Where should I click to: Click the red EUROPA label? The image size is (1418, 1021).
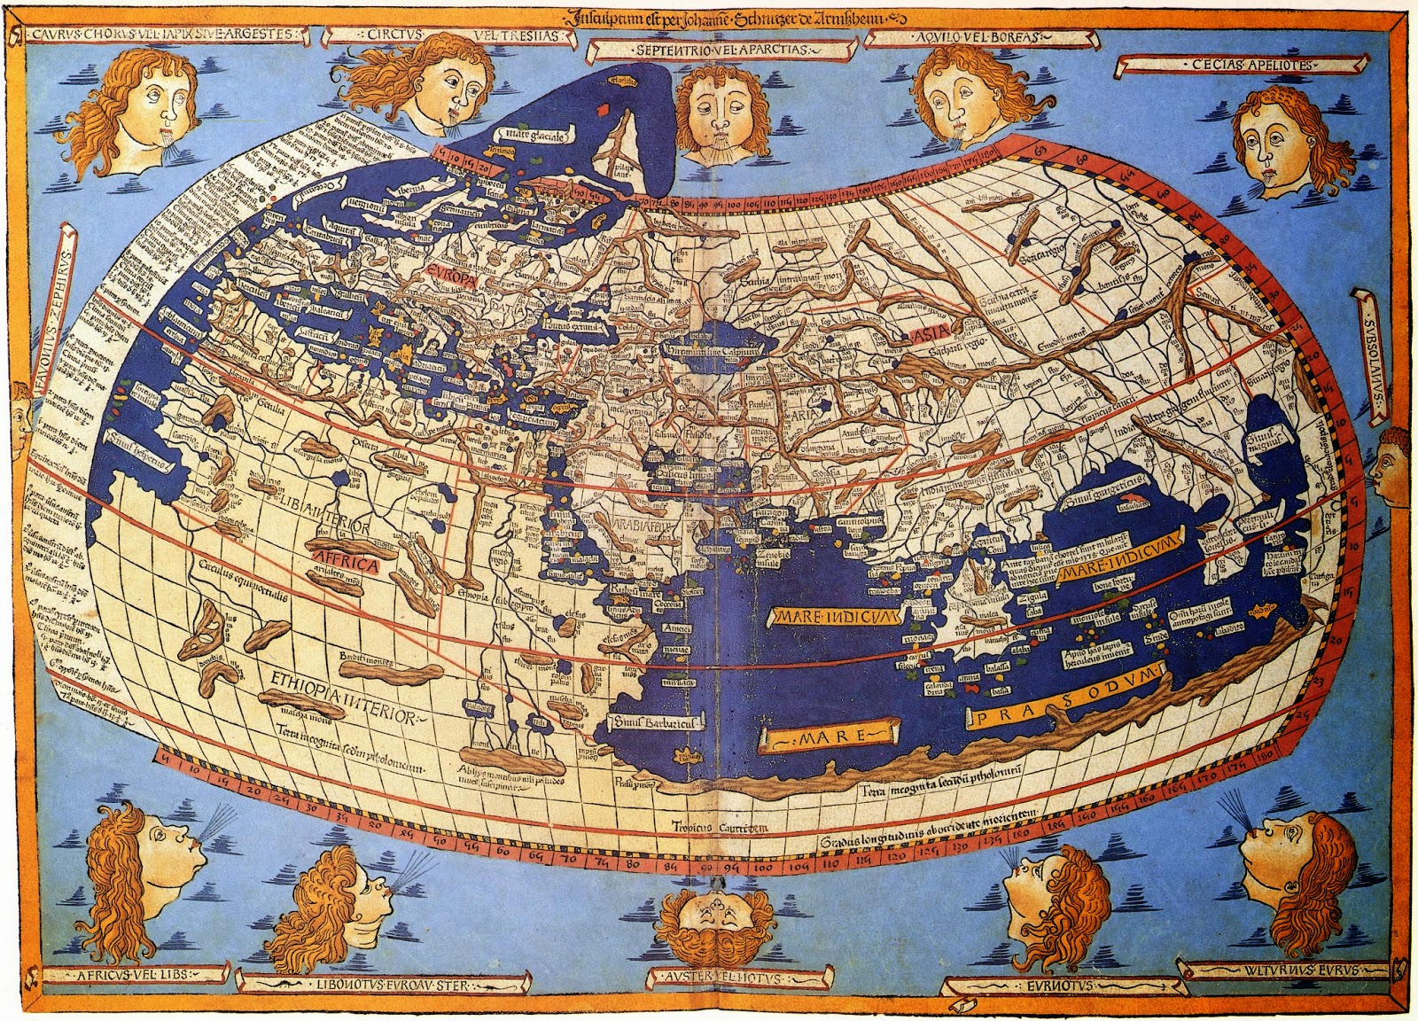click(x=451, y=274)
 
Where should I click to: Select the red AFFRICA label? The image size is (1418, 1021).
click(x=344, y=564)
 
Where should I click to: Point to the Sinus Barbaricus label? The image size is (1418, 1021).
click(x=651, y=723)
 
